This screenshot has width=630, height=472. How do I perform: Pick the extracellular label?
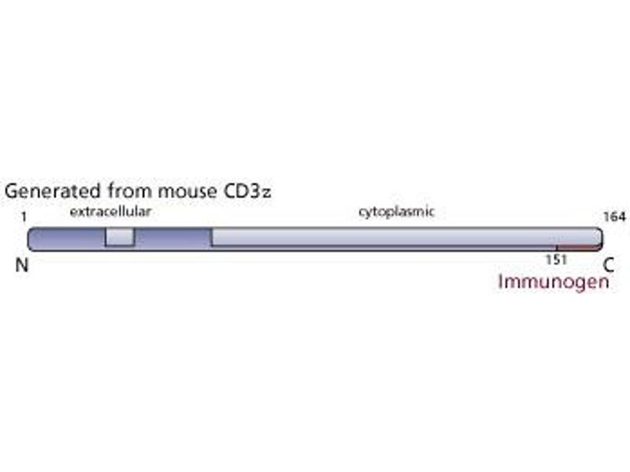[110, 212]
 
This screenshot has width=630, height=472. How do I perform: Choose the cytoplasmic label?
[397, 212]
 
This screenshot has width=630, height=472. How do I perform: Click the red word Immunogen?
[553, 281]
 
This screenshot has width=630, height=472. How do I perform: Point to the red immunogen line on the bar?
[577, 249]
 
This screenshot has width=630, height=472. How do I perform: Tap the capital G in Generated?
[13, 192]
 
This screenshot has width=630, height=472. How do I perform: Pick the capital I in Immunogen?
[501, 281]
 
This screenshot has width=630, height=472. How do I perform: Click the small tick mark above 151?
[556, 247]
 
